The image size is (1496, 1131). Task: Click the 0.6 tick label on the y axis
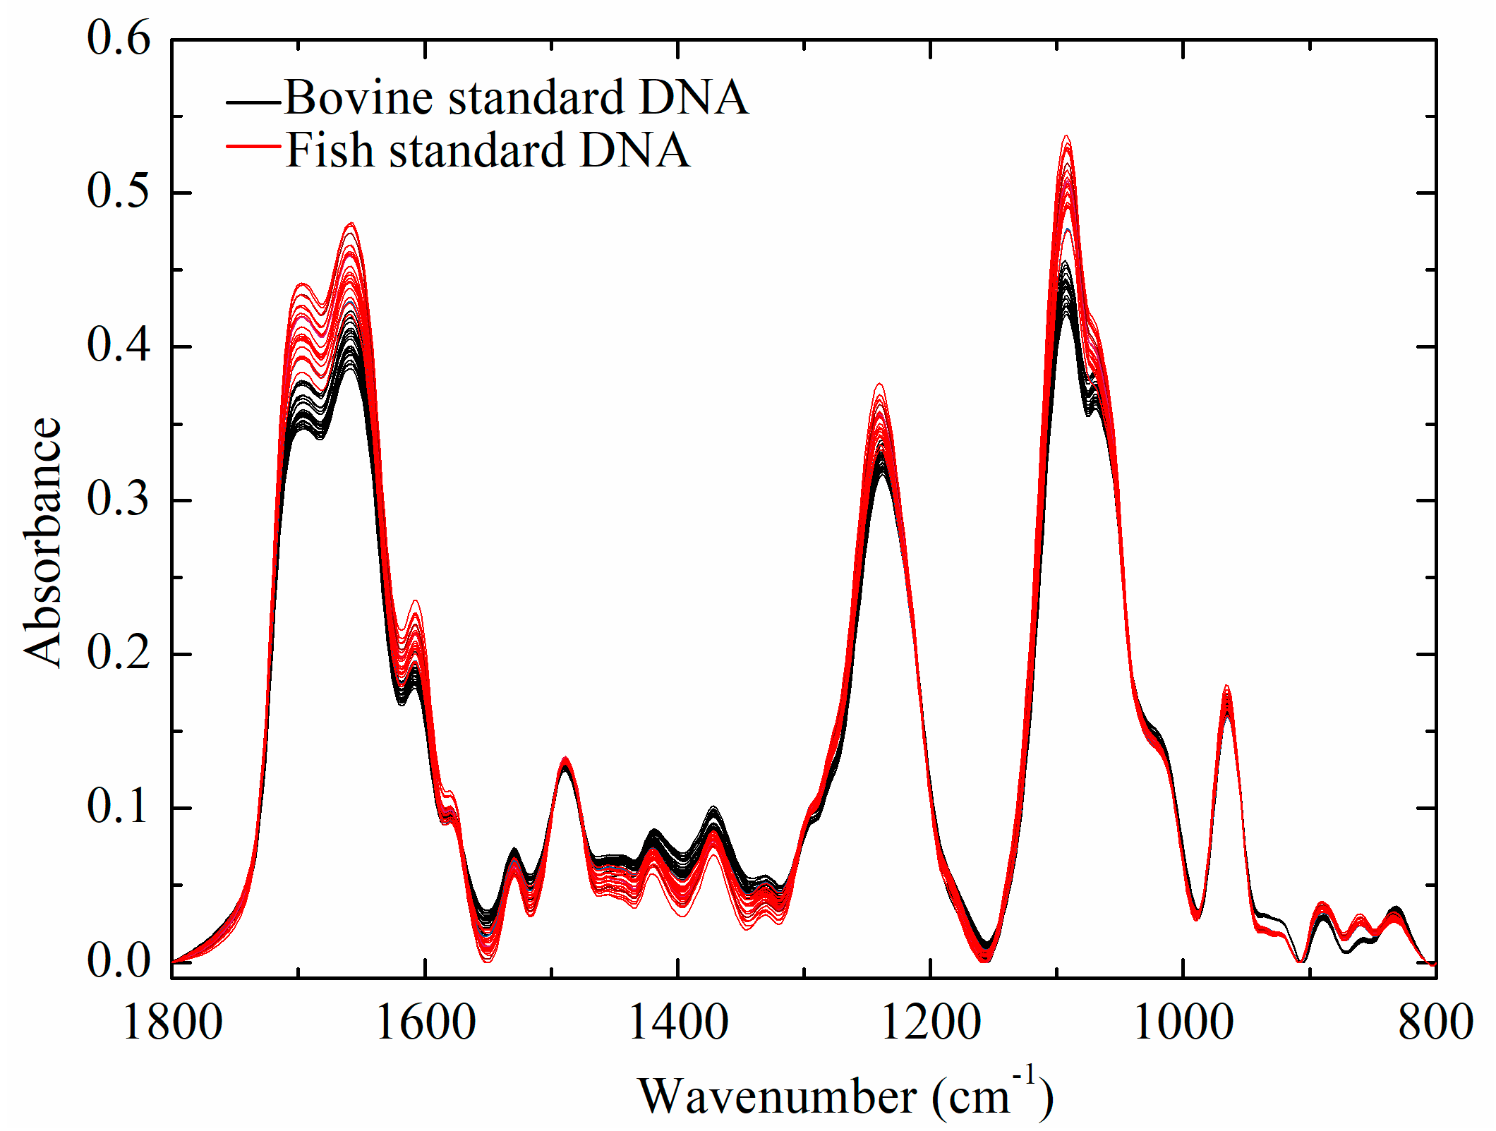tap(119, 38)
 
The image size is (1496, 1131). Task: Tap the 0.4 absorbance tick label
tap(119, 346)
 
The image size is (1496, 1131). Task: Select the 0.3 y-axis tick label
tap(119, 500)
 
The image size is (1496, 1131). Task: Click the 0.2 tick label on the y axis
tap(119, 653)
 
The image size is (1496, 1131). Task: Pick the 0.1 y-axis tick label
tap(119, 807)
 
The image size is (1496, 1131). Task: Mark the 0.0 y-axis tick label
tap(119, 961)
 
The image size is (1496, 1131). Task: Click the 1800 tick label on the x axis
tap(172, 1023)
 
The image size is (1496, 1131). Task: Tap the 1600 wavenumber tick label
tap(426, 1023)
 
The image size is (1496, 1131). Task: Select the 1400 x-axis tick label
tap(678, 1023)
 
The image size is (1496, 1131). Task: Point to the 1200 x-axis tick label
tap(931, 1023)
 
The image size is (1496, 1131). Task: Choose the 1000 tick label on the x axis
tap(1183, 1023)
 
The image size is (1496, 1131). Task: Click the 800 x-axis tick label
tap(1435, 1023)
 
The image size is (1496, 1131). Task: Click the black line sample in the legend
tap(253, 103)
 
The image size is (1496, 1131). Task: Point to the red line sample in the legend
tap(253, 146)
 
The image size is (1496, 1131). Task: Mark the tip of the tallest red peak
tap(1066, 136)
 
